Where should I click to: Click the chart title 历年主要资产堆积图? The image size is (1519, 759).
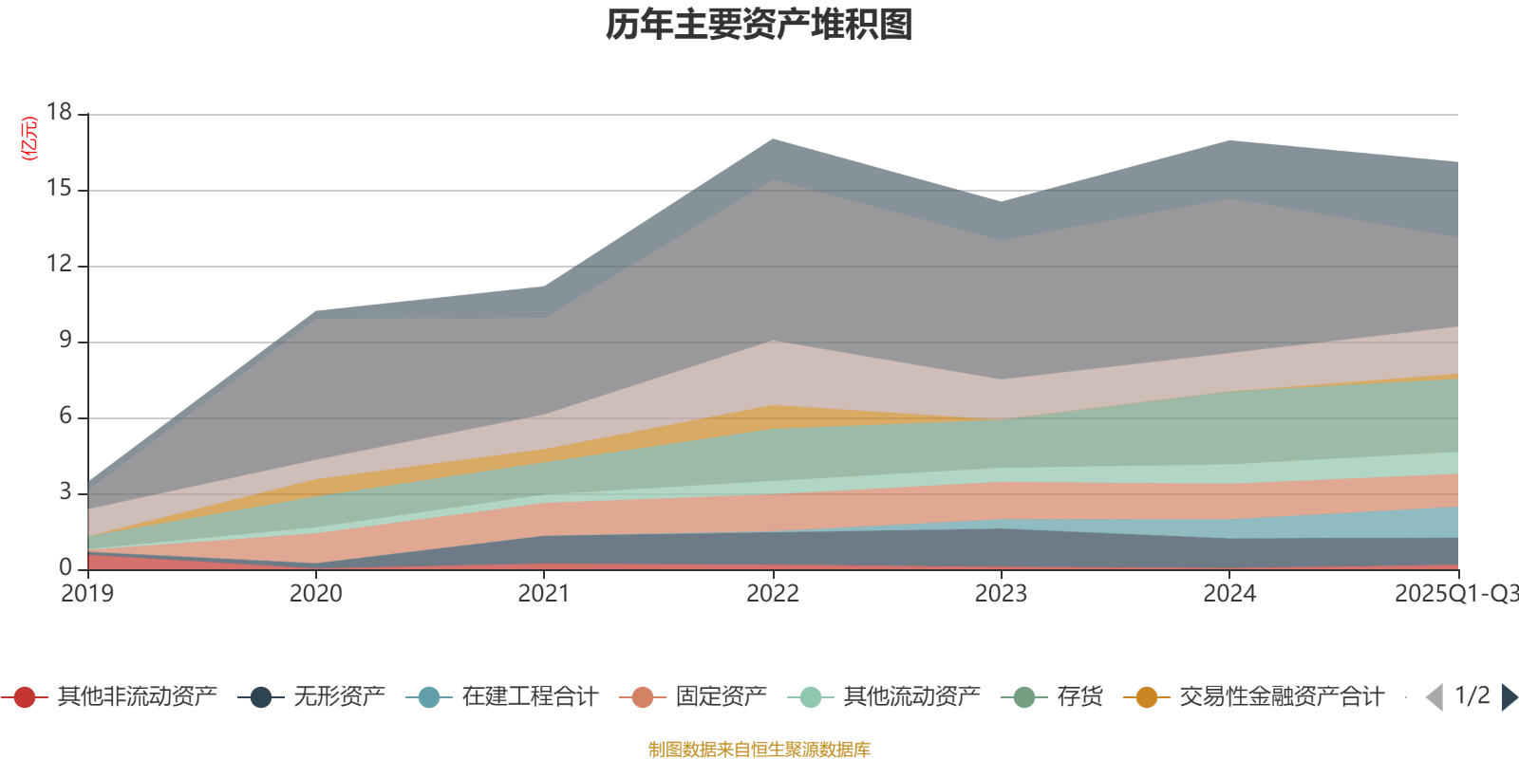[759, 25]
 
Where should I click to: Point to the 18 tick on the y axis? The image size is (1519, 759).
[59, 112]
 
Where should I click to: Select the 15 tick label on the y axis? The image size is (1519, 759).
[59, 189]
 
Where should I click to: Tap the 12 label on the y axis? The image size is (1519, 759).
[59, 265]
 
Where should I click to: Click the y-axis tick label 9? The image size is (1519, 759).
[65, 340]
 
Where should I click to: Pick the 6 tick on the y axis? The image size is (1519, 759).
[65, 416]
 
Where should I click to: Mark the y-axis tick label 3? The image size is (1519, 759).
[65, 491]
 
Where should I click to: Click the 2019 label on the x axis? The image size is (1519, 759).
[87, 594]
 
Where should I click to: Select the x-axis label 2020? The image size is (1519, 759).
[315, 594]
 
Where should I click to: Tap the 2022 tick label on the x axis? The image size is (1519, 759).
[772, 594]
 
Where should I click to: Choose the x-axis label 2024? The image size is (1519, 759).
[1229, 594]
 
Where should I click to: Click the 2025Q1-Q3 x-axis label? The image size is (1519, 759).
[1454, 594]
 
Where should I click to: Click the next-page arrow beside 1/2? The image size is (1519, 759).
[1509, 697]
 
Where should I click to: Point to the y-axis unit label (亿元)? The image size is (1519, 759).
[29, 139]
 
